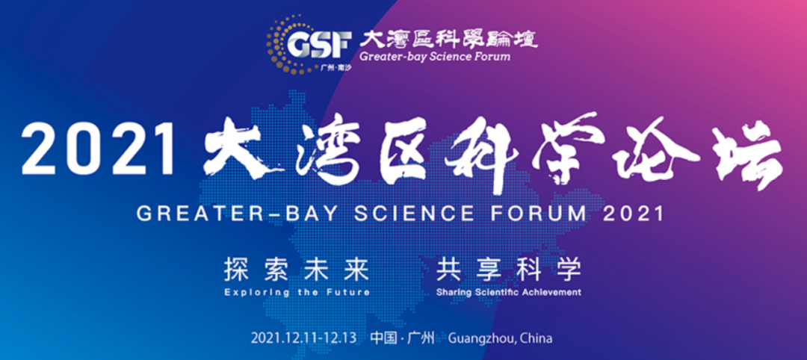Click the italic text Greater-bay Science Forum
[x=435, y=56]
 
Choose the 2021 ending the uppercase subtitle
[x=633, y=214]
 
